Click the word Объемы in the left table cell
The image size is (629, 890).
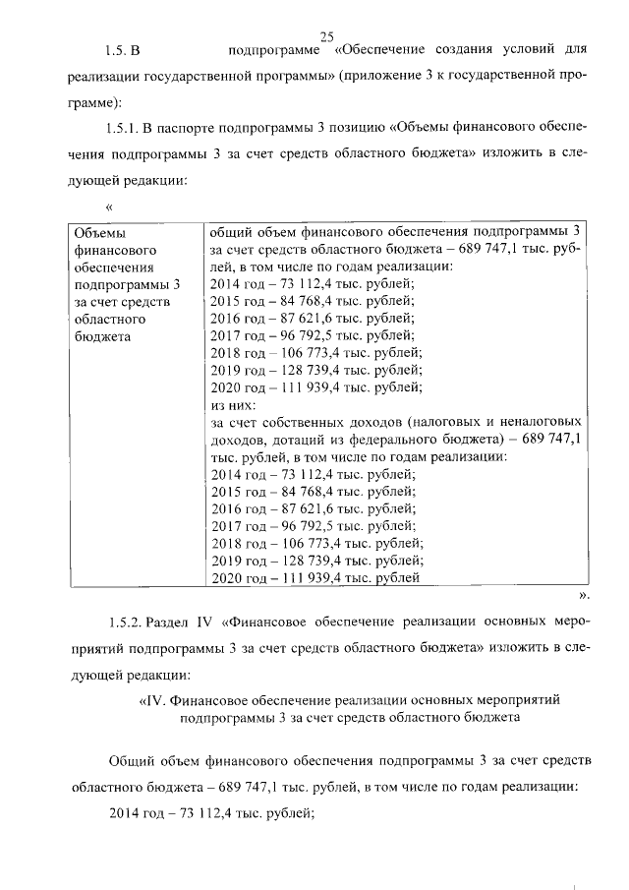[x=100, y=232]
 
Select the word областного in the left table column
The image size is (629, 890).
[x=110, y=320]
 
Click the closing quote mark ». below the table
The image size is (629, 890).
[x=583, y=596]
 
